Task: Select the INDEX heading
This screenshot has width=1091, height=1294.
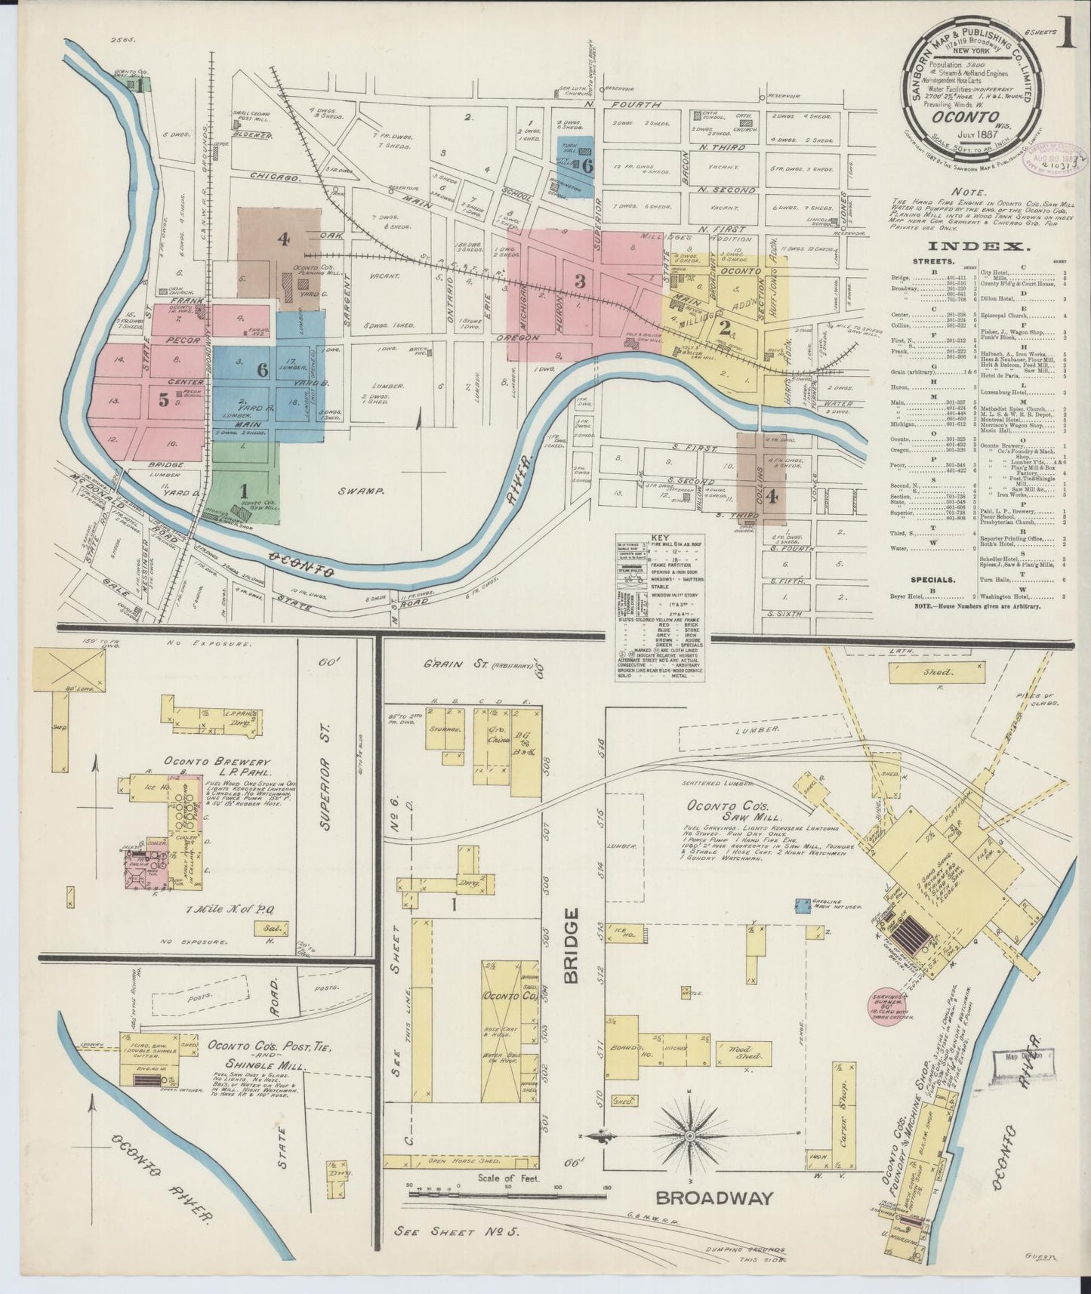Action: [976, 247]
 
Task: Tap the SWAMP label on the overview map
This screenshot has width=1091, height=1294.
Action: [365, 491]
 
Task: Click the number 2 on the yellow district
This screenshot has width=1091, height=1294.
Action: [725, 329]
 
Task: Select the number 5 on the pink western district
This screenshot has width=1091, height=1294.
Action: [164, 401]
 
